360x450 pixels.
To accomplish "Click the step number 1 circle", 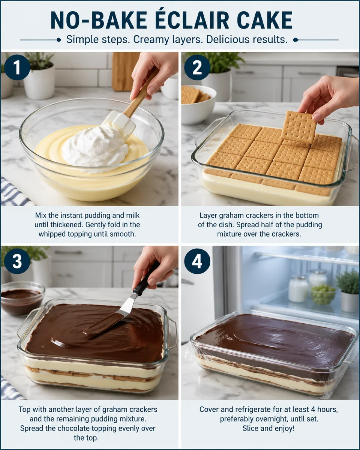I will coord(17,67).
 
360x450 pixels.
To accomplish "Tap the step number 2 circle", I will coord(197,67).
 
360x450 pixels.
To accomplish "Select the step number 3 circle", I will coord(17,261).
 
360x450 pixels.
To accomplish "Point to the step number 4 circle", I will coord(197,261).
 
